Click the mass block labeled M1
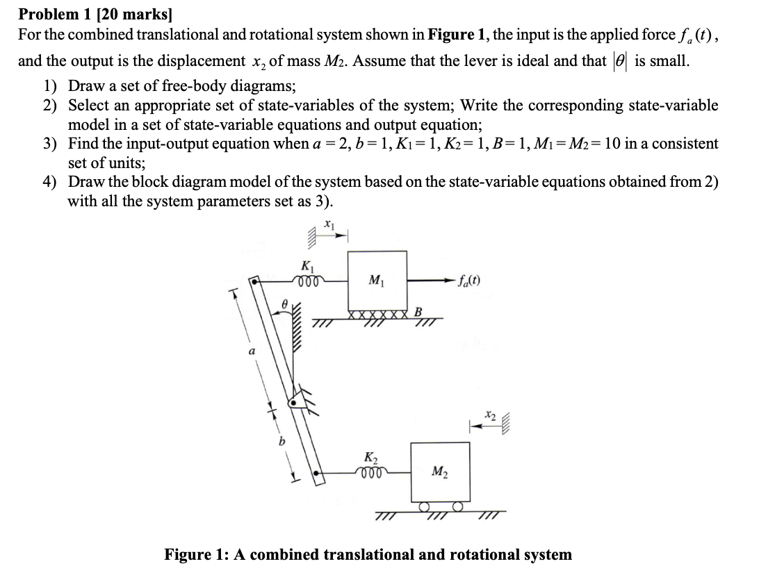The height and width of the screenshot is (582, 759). pos(377,281)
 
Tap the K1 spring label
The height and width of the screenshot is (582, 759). pos(306,266)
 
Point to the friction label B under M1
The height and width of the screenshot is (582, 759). pos(419,310)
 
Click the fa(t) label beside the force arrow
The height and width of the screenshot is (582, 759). pos(469,281)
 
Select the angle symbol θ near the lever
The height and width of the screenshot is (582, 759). pos(284,303)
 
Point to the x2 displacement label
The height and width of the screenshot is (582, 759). pos(490,415)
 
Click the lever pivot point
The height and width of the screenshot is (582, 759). pos(297,401)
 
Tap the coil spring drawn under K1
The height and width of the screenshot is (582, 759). pos(306,281)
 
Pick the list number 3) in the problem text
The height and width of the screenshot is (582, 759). pos(50,144)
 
